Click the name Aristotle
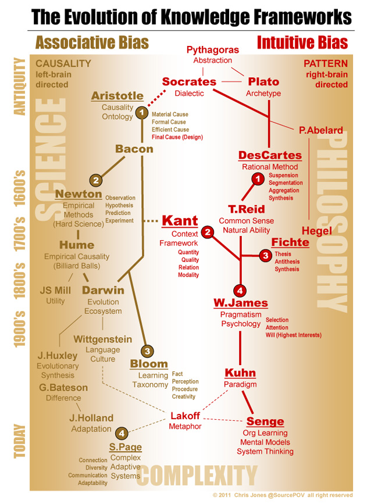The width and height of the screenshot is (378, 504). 117,96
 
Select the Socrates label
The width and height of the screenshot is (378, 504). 189,82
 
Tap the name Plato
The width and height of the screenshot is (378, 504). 263,82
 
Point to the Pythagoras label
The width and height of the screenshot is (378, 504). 212,50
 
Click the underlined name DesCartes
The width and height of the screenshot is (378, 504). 270,156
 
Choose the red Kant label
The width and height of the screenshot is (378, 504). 180,221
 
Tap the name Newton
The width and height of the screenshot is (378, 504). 79,194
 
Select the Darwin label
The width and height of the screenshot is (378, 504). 103,290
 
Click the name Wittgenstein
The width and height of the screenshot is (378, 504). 102,339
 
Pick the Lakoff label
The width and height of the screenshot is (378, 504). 185,416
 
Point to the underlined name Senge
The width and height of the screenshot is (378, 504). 265,421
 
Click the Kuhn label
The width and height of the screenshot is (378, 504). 240,373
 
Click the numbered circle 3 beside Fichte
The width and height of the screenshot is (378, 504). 265,255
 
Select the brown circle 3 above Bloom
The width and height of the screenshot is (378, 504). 148,351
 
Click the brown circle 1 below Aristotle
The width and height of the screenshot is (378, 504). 141,112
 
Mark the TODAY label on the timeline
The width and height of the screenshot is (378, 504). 20,441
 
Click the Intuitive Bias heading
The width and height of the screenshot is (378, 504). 302,42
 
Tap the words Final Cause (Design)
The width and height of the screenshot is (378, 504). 177,137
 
